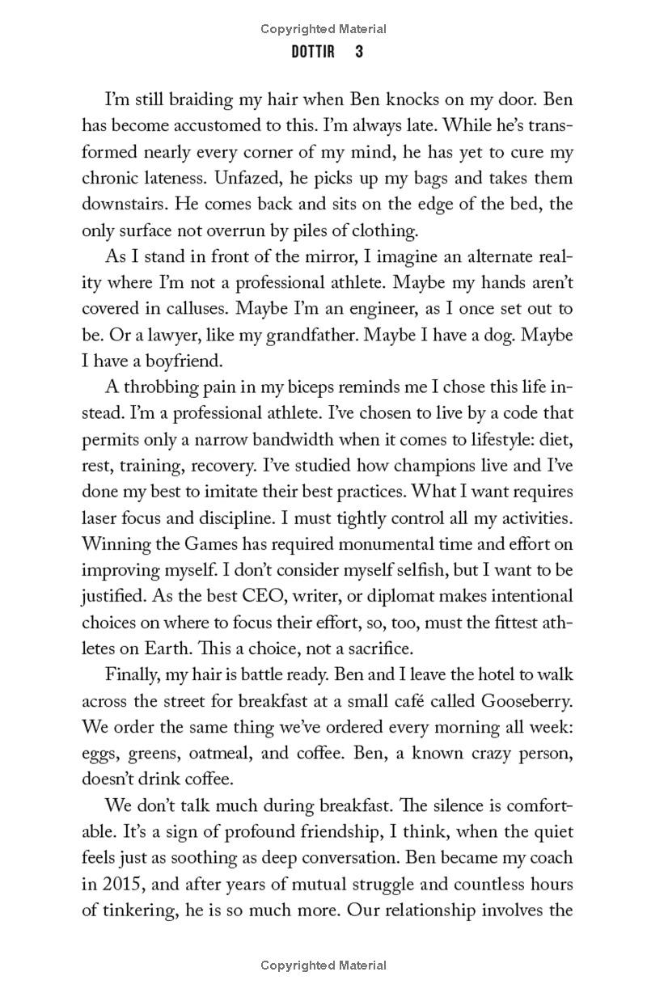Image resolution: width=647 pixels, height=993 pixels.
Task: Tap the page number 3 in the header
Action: (x=358, y=52)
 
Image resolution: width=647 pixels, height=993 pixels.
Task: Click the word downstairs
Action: (x=122, y=205)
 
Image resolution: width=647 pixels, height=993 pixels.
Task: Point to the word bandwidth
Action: (x=287, y=439)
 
